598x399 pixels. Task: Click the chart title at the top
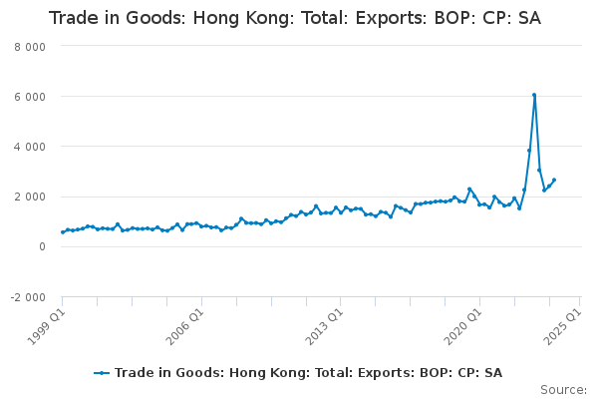click(295, 18)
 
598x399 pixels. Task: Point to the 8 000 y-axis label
click(30, 47)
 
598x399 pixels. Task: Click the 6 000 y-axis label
click(30, 97)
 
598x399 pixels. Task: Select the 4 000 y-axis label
click(30, 147)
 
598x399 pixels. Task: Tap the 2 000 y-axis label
click(30, 198)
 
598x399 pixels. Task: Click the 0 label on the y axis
click(42, 247)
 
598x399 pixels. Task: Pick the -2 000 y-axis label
click(28, 297)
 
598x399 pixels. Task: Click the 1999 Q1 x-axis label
click(46, 327)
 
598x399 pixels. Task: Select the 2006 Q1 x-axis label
click(185, 327)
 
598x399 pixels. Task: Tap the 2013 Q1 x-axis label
click(325, 327)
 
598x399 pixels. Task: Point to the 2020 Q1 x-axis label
click(463, 327)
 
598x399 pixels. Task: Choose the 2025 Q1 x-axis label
click(563, 327)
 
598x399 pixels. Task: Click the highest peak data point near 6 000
click(534, 95)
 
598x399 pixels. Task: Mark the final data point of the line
click(554, 180)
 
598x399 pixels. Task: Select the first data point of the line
click(63, 232)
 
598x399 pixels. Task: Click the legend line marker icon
click(102, 373)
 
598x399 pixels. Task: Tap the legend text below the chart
click(309, 373)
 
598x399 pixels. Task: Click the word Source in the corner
click(563, 390)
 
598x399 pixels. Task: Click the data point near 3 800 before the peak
click(529, 151)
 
